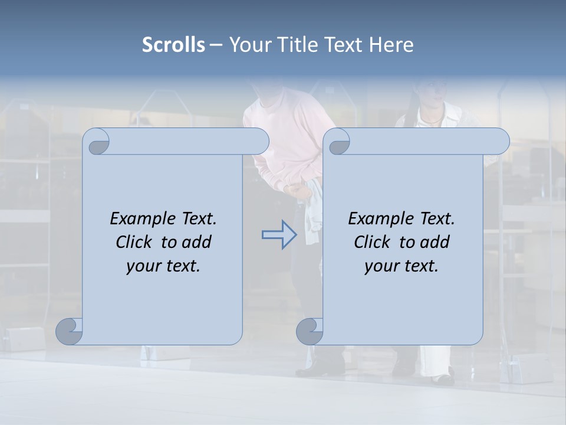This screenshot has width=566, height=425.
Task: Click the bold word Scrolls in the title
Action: coord(174,45)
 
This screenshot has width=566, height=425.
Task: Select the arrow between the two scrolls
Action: coord(279,235)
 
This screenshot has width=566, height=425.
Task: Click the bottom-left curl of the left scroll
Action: coord(69,331)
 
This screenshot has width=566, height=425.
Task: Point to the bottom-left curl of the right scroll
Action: coord(310,331)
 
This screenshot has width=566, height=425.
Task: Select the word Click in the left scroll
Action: coord(135,242)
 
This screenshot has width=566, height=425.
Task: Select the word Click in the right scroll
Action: coord(373,242)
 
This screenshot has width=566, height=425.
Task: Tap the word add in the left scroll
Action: coord(196,242)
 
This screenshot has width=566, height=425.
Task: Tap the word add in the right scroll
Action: coord(435,242)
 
